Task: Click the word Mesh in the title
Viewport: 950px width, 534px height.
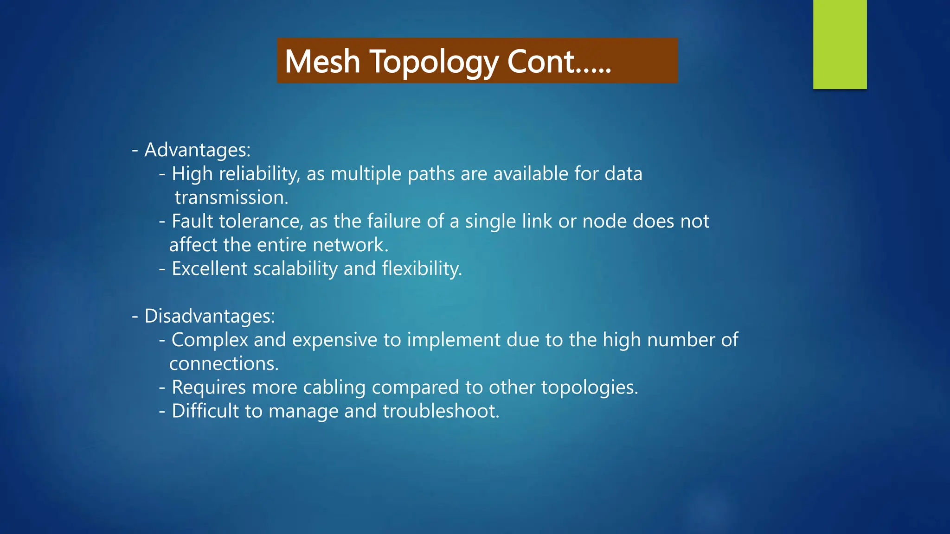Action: (x=322, y=62)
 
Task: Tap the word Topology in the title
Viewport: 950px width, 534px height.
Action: (x=434, y=62)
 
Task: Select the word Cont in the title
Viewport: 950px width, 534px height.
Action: (x=541, y=62)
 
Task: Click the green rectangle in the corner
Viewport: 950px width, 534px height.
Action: (x=840, y=44)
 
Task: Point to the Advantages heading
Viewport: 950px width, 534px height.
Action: (x=197, y=150)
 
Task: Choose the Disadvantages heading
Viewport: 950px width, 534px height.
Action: (x=209, y=316)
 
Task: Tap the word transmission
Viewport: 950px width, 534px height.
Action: (x=231, y=198)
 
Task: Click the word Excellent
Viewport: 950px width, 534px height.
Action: (x=209, y=269)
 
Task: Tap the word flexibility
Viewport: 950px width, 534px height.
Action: (x=422, y=269)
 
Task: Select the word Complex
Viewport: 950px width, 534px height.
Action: (x=210, y=340)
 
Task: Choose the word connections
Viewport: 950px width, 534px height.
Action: (x=224, y=364)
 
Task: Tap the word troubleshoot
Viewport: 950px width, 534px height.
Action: (x=440, y=411)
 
